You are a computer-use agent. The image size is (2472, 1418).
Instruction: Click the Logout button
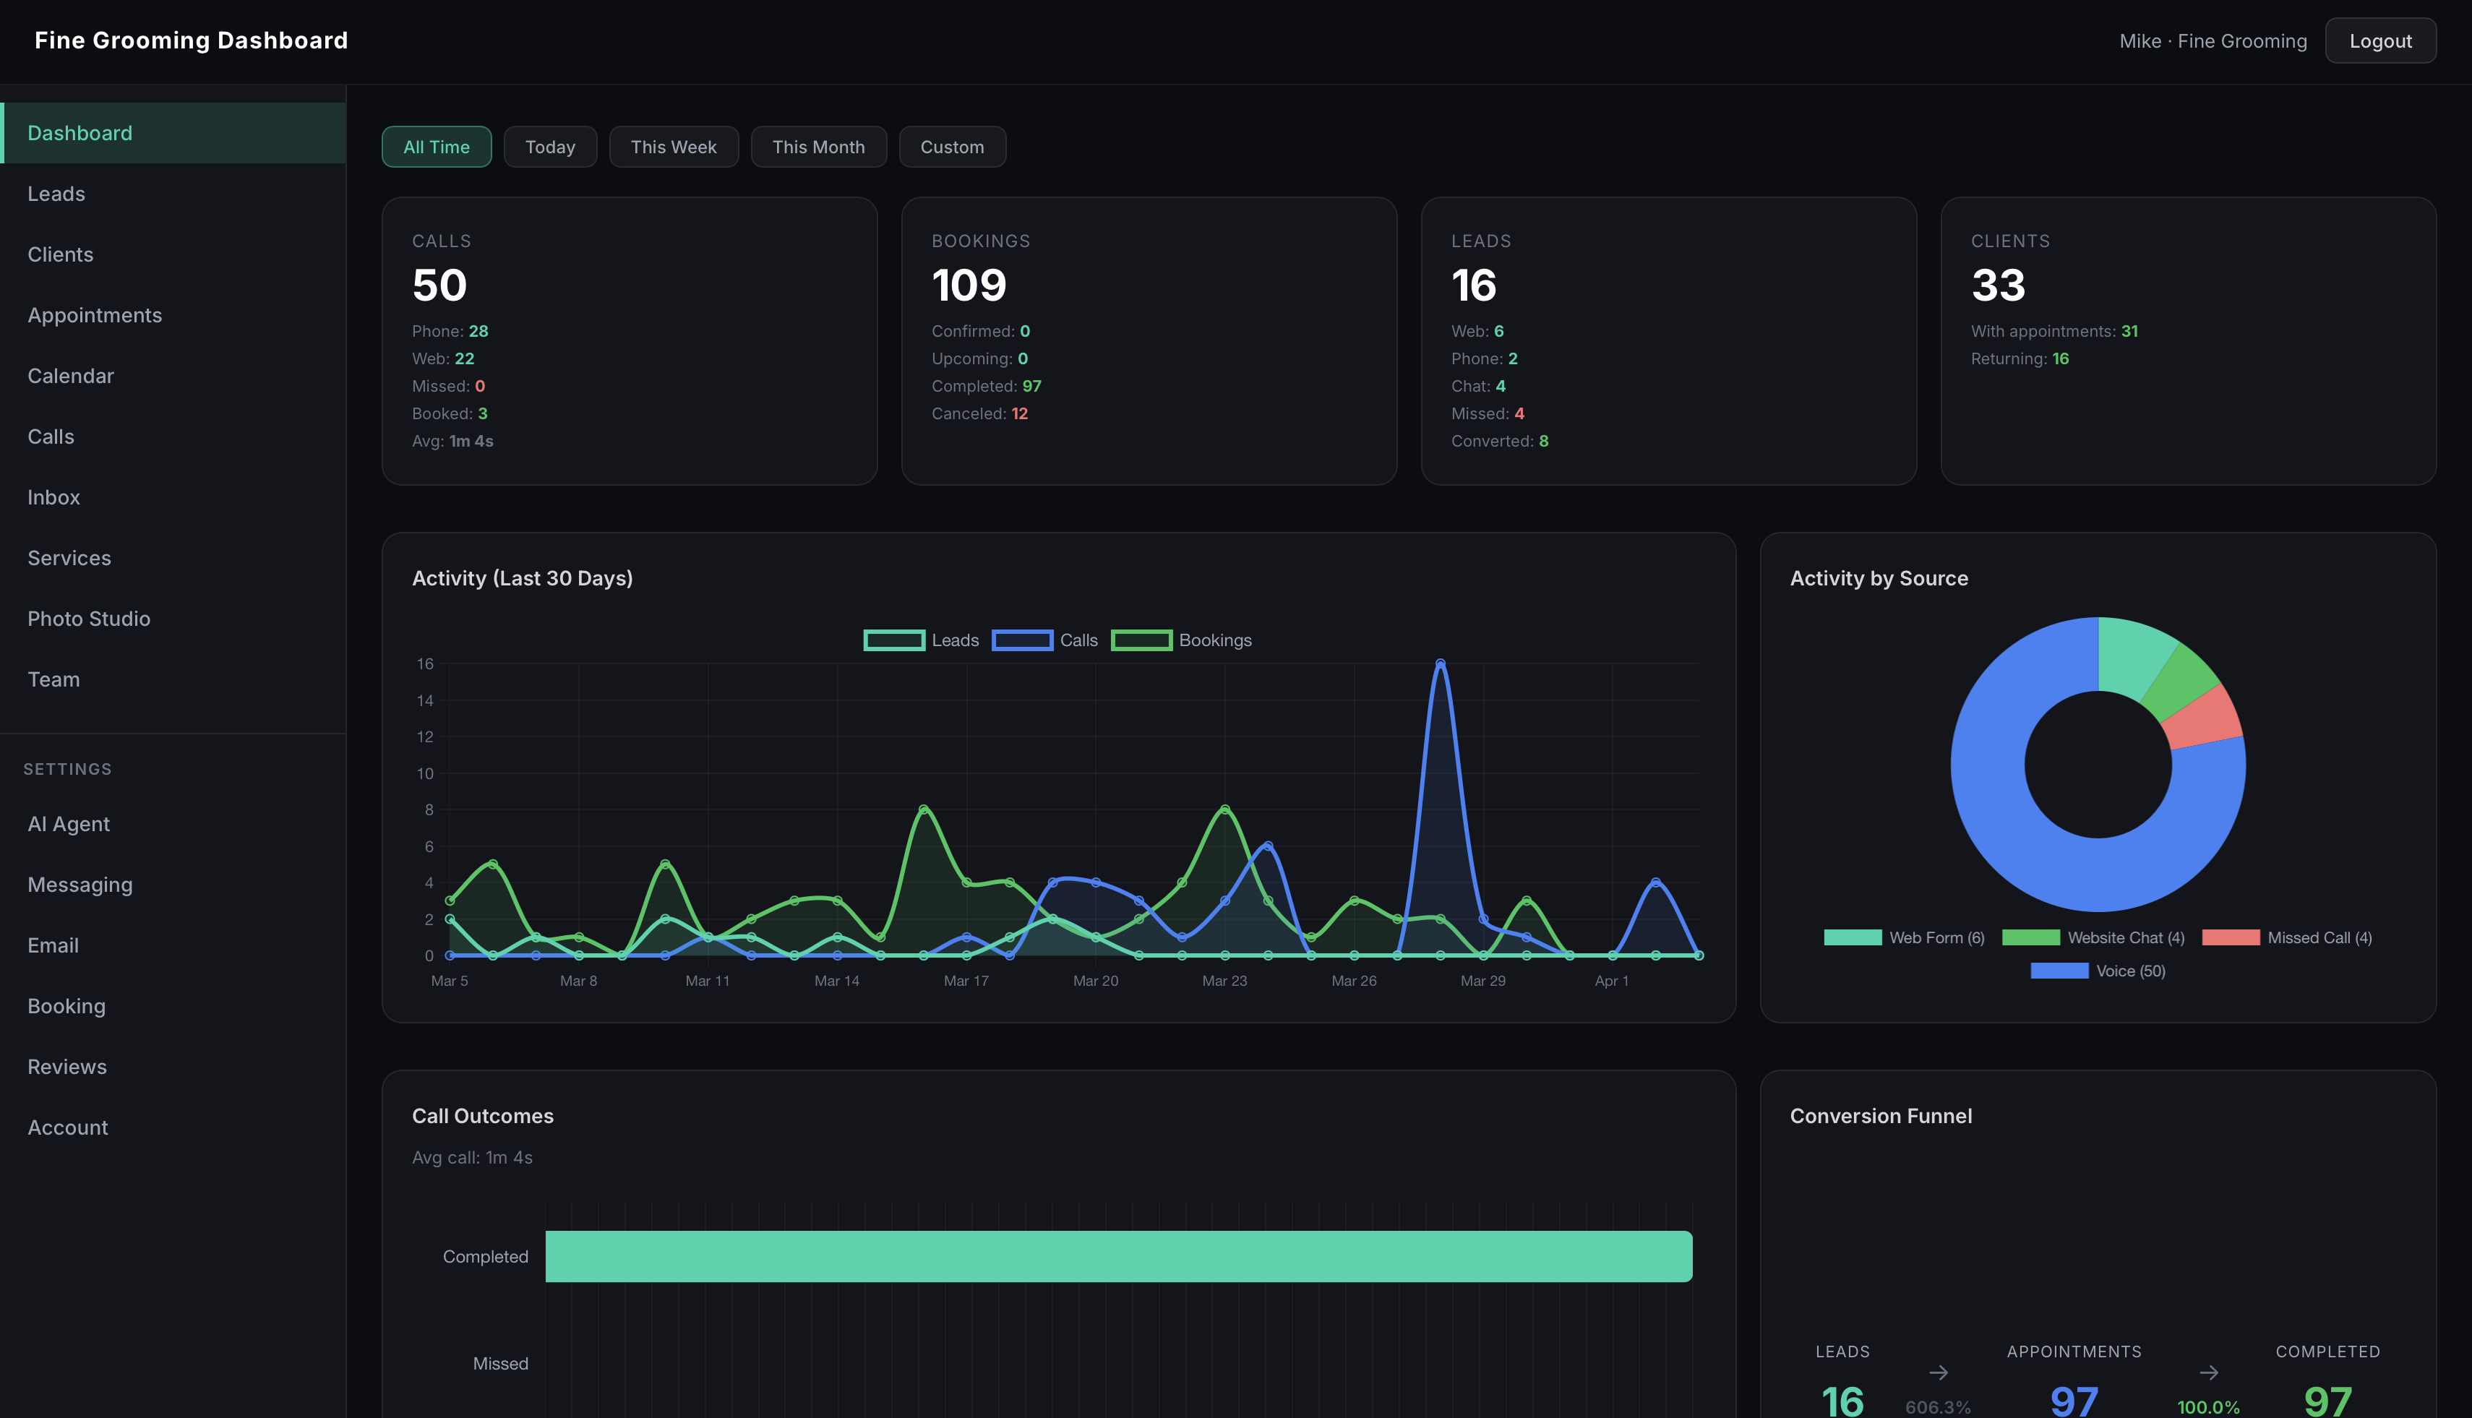(2379, 41)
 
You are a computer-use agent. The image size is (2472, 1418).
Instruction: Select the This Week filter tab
(673, 147)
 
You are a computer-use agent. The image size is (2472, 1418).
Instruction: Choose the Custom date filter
(952, 147)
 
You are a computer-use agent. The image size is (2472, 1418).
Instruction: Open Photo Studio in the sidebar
(89, 619)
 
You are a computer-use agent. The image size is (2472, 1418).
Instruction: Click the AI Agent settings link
(68, 824)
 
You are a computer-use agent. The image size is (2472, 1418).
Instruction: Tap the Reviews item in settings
(67, 1067)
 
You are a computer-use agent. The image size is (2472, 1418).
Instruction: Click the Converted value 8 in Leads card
(1542, 441)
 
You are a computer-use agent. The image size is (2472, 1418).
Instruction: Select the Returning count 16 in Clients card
(2060, 359)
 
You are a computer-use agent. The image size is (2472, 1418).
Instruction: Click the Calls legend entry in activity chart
(1045, 640)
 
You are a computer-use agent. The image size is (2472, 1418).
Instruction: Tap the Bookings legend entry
(1182, 640)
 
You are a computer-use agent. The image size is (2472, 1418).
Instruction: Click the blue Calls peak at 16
(1440, 664)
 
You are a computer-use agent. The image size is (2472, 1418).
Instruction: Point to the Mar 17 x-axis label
(965, 981)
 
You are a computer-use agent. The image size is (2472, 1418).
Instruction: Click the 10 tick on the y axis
(425, 773)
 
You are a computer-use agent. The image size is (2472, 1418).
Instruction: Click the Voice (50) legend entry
(2098, 971)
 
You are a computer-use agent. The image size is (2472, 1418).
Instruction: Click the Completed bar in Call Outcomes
(1118, 1256)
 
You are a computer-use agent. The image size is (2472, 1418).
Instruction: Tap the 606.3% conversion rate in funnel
(1937, 1406)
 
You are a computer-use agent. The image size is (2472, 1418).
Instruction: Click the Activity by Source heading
(1878, 578)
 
